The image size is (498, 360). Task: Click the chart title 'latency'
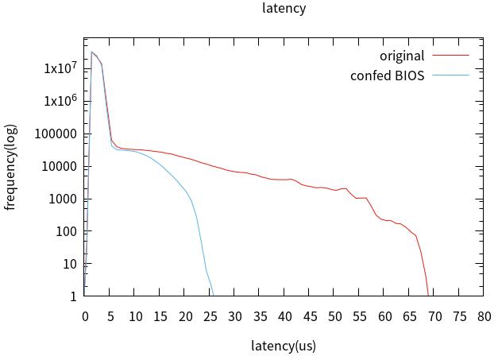click(284, 9)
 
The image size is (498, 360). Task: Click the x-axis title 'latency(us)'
click(284, 346)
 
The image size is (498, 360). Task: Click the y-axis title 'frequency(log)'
click(11, 168)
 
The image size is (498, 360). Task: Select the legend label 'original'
click(402, 56)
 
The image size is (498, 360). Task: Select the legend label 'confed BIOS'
click(388, 76)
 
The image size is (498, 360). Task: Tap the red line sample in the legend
click(450, 56)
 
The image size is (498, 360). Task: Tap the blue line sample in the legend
click(450, 76)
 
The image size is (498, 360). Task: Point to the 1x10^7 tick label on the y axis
click(60, 68)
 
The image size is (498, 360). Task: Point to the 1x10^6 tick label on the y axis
click(60, 101)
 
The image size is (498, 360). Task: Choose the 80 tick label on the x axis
click(484, 315)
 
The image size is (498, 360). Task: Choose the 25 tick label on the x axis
click(210, 315)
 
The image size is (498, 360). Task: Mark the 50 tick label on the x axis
click(335, 315)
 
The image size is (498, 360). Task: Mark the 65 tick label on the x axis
click(410, 315)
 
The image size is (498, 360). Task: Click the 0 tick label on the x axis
click(85, 315)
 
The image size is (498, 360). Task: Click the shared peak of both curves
click(91, 52)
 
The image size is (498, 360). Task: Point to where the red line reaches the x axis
click(429, 295)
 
